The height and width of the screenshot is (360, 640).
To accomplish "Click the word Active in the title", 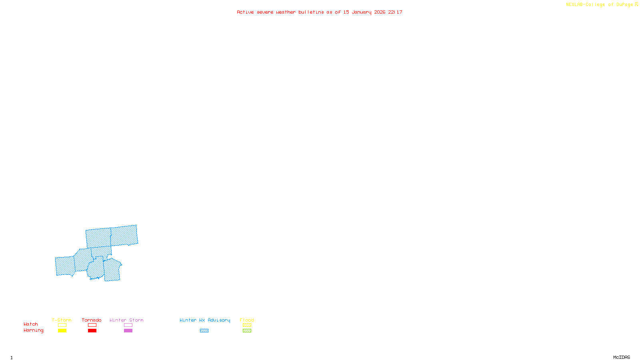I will pos(245,12).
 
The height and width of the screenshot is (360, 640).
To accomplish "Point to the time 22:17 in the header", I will pos(395,12).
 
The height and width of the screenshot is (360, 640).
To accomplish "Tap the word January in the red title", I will pos(362,12).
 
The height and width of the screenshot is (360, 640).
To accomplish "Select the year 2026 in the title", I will pos(380,12).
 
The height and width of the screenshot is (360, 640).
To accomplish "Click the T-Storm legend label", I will pos(62,320).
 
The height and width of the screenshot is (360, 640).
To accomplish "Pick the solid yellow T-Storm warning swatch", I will pos(62,331).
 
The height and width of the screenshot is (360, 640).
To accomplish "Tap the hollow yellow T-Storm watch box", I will pos(62,325).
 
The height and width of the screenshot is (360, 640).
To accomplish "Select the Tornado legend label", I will pos(92,320).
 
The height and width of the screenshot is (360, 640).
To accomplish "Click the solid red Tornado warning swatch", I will pos(92,331).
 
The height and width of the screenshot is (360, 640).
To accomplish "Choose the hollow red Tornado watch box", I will pos(92,325).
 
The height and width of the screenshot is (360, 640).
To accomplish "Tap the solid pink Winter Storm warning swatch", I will pos(128,331).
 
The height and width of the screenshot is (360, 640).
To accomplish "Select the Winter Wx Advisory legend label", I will pos(205,320).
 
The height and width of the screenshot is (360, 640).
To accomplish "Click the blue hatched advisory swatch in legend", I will pos(204,331).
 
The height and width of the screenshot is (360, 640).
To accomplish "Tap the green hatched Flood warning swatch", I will pos(247,331).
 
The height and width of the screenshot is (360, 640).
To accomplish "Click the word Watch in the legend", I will pos(31,324).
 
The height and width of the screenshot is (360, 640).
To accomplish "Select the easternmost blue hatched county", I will pos(124,236).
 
